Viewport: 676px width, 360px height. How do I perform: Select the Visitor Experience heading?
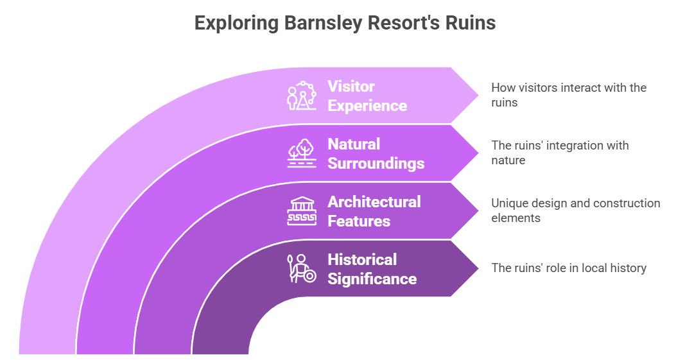point(367,96)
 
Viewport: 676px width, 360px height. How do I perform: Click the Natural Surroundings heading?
point(376,153)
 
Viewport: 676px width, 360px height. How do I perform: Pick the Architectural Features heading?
point(374,211)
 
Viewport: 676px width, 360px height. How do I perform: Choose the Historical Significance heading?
point(372,269)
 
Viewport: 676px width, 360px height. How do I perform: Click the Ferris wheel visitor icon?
point(301,96)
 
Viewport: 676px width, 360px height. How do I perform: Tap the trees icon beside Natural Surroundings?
point(301,153)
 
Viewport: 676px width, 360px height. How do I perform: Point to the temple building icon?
point(301,211)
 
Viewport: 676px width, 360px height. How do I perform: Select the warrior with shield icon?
point(301,269)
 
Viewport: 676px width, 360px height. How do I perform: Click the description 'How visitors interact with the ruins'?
point(568,94)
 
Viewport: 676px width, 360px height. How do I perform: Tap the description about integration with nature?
point(560,153)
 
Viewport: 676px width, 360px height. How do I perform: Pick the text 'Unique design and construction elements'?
point(575,210)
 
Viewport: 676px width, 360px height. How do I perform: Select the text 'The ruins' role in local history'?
point(568,268)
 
